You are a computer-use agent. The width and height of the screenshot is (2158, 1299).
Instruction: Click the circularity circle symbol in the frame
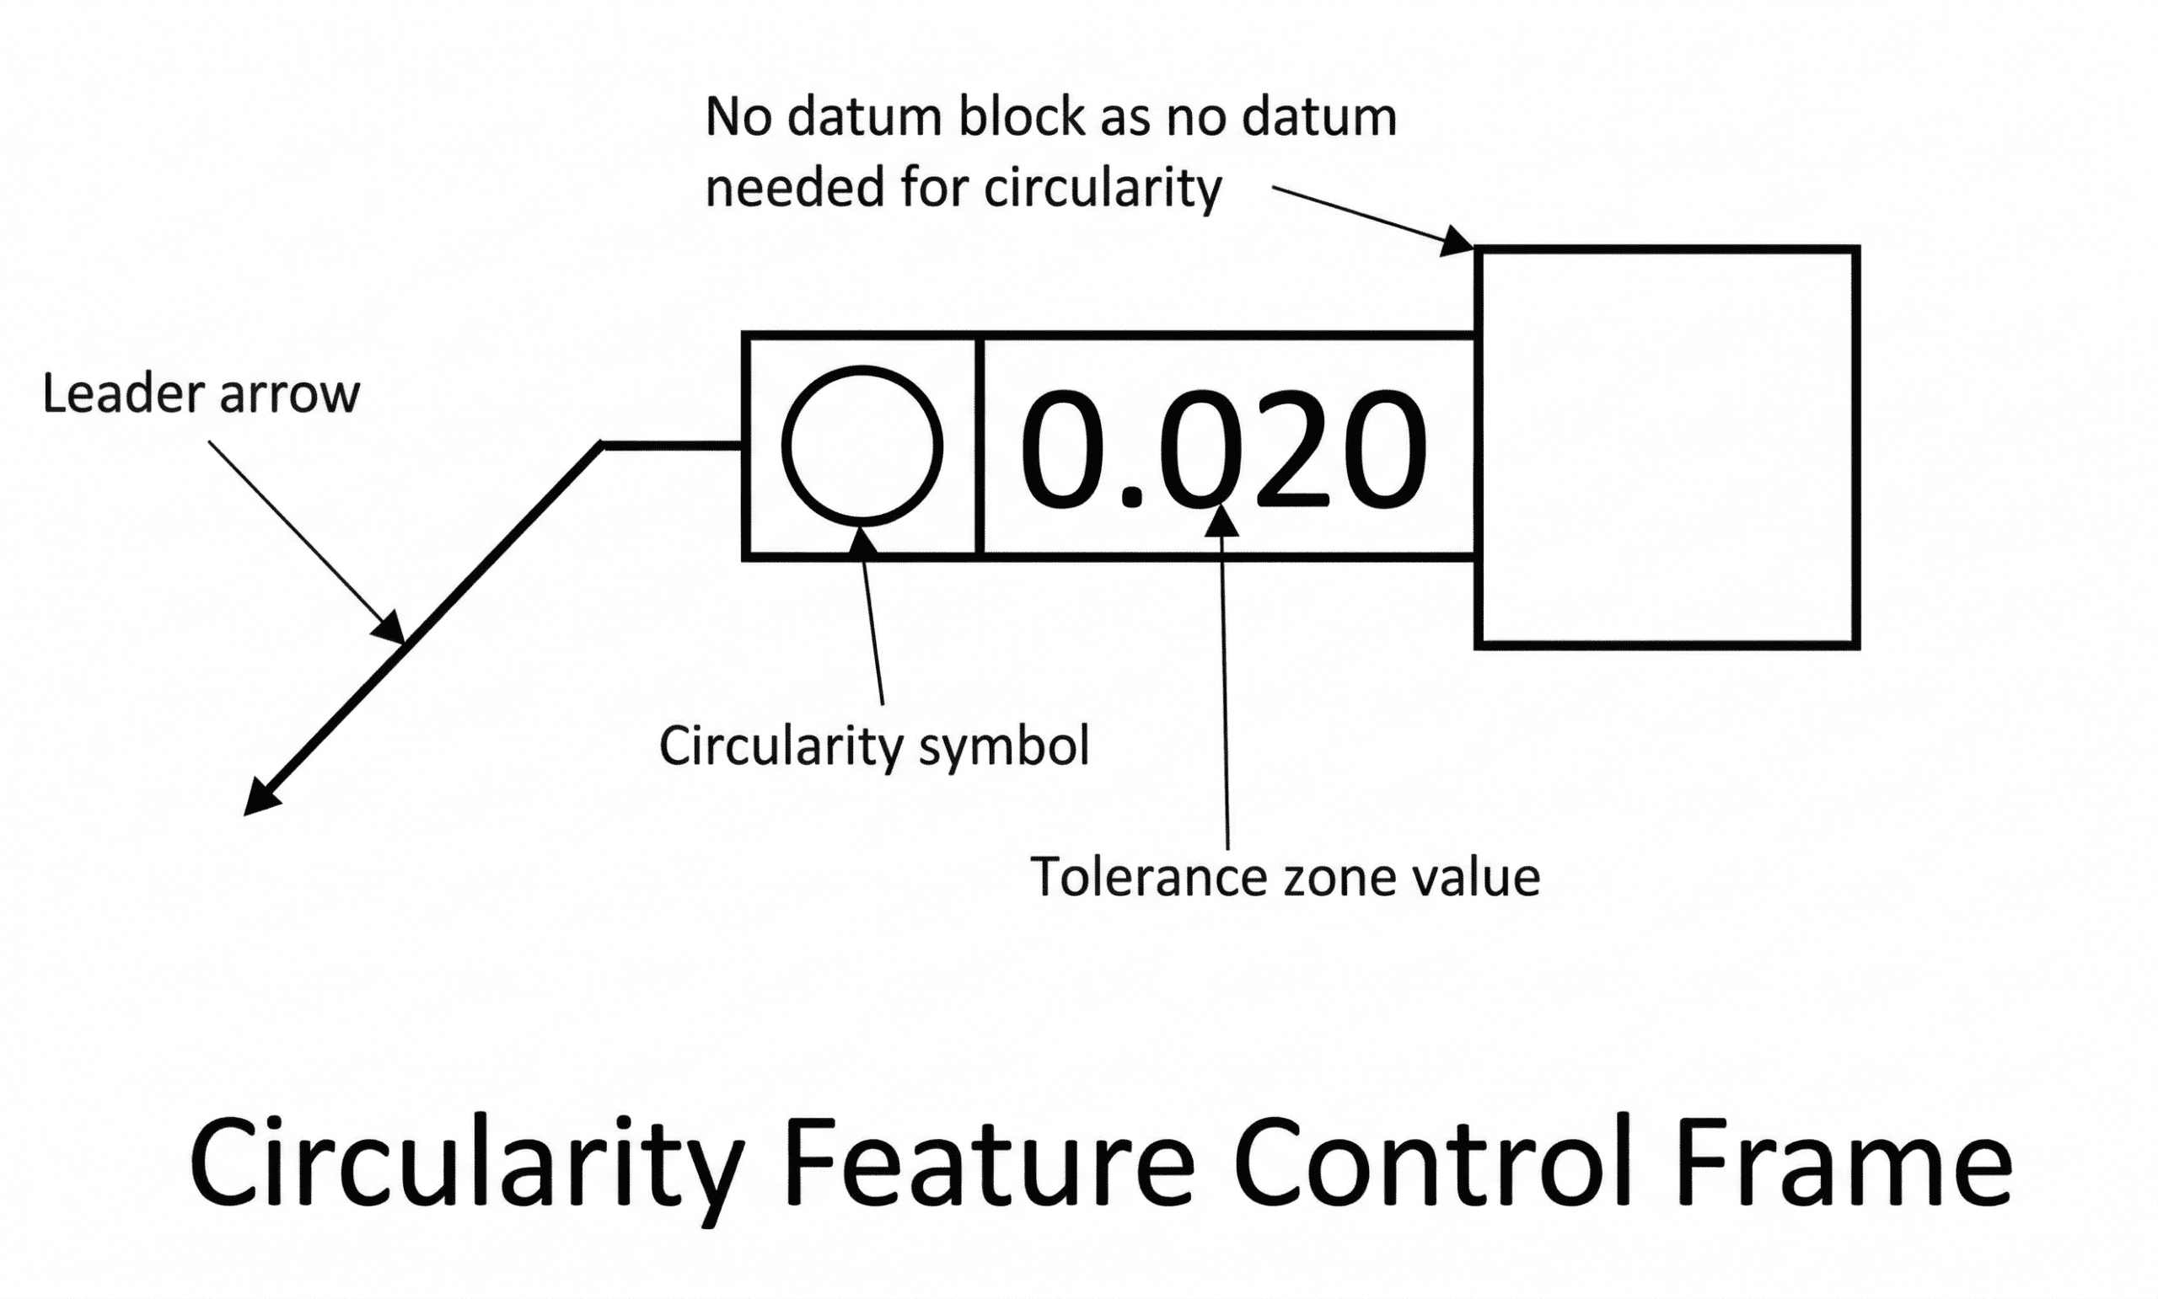click(x=862, y=446)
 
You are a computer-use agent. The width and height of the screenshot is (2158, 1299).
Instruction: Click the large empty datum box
click(x=1667, y=447)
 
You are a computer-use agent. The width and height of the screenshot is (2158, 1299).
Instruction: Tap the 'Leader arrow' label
click(x=201, y=394)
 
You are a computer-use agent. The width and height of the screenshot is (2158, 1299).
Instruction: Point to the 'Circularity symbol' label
click(x=874, y=746)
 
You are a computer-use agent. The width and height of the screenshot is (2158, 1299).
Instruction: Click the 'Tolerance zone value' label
click(x=1284, y=877)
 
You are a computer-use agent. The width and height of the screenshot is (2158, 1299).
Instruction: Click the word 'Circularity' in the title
click(x=466, y=1164)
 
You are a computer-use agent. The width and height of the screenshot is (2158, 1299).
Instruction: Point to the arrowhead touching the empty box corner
click(x=1457, y=242)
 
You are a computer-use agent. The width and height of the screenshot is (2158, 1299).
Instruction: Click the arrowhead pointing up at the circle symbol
click(x=862, y=539)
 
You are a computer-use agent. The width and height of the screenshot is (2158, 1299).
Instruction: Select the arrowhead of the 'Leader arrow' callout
click(x=390, y=628)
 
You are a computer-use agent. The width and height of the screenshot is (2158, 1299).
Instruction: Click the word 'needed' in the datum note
click(x=792, y=187)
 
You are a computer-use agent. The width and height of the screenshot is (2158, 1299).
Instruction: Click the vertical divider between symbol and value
click(x=980, y=446)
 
